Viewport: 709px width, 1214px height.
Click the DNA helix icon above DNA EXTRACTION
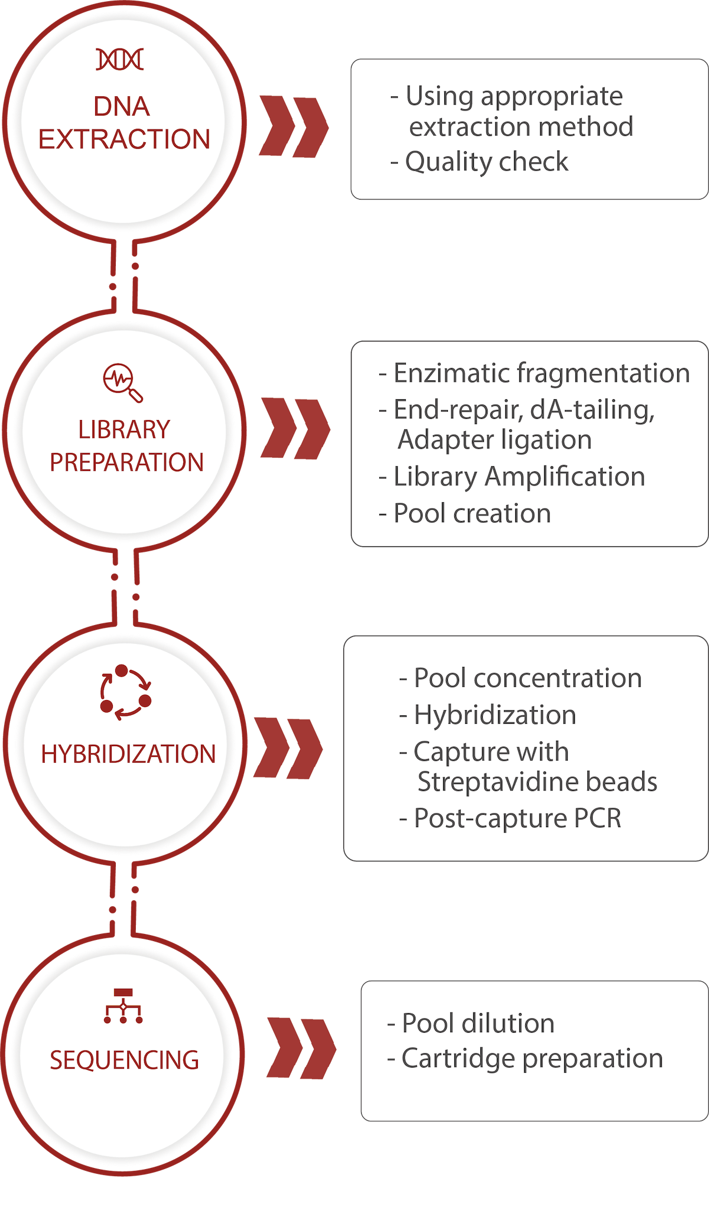[x=120, y=60]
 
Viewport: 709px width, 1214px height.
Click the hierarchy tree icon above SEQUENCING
[x=123, y=1005]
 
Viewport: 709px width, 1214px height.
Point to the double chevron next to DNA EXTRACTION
[x=294, y=126]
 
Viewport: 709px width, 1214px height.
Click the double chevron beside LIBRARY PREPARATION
[x=295, y=429]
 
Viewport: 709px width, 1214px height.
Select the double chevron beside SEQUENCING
[x=301, y=1049]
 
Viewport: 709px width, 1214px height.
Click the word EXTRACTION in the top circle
[x=124, y=139]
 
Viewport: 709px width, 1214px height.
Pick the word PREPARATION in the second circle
[x=126, y=463]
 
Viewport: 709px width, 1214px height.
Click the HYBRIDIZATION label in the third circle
[x=128, y=754]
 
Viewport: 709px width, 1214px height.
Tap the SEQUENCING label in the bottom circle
[x=124, y=1060]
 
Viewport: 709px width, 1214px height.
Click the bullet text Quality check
[x=486, y=162]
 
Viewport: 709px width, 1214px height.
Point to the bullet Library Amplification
[x=518, y=477]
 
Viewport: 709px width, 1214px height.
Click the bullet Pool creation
[x=471, y=513]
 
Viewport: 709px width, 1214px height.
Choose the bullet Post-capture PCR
[x=516, y=818]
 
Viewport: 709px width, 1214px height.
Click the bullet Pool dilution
[x=477, y=1023]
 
